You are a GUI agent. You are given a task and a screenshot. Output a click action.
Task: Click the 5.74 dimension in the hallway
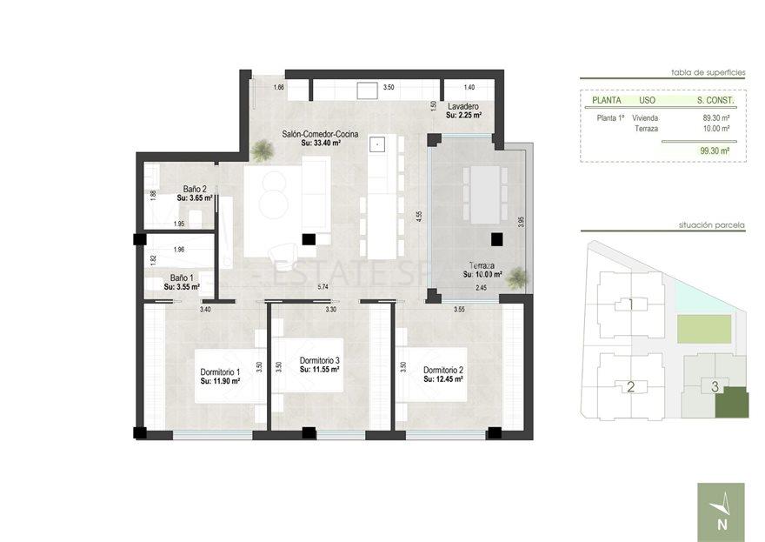pyautogui.click(x=323, y=286)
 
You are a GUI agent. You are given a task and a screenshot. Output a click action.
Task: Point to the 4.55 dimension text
pyautogui.click(x=419, y=215)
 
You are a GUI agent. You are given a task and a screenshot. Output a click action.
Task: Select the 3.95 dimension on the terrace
pyautogui.click(x=521, y=221)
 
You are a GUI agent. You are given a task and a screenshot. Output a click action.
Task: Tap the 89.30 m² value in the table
pyautogui.click(x=715, y=117)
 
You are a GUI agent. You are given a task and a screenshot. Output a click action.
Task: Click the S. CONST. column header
pyautogui.click(x=715, y=100)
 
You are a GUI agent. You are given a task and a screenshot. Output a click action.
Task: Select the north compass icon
pyautogui.click(x=721, y=512)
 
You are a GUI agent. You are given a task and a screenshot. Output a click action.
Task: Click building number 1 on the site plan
pyautogui.click(x=630, y=304)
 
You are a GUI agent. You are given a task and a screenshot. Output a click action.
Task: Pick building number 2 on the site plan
pyautogui.click(x=630, y=387)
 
